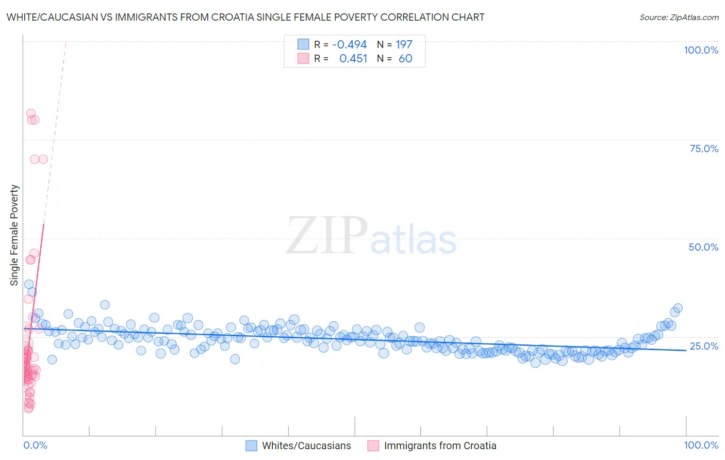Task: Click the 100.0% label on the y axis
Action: tap(701, 50)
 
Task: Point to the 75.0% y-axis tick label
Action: tap(704, 149)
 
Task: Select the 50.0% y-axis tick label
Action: tap(703, 247)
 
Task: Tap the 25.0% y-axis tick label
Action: tap(704, 346)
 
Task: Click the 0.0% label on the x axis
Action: tap(35, 445)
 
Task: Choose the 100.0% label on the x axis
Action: tap(701, 445)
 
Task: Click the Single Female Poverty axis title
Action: tap(14, 235)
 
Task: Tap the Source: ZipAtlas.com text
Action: tap(679, 17)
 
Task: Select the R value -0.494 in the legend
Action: tap(349, 45)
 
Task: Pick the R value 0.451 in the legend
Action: tap(353, 59)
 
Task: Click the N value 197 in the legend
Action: tap(404, 45)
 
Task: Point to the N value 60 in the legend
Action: tap(405, 59)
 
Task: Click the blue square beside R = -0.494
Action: tap(303, 45)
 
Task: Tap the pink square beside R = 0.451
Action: tap(303, 59)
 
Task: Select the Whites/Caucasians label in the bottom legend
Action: tap(306, 446)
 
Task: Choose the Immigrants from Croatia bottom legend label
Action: tap(440, 446)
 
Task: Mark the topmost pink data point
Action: tap(31, 113)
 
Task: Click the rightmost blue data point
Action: tap(678, 308)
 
